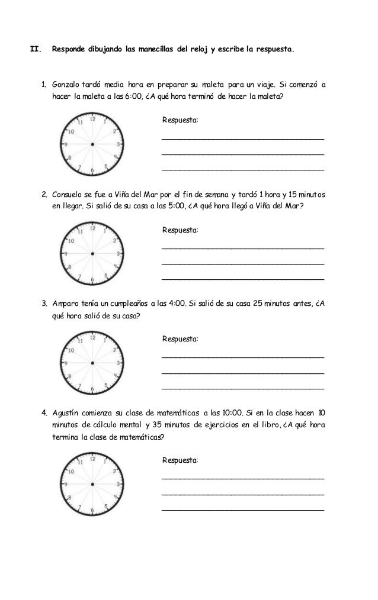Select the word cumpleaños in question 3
tap(130, 304)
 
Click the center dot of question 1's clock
tap(92, 144)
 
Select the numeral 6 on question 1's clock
tap(92, 170)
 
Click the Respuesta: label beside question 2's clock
tap(181, 230)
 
